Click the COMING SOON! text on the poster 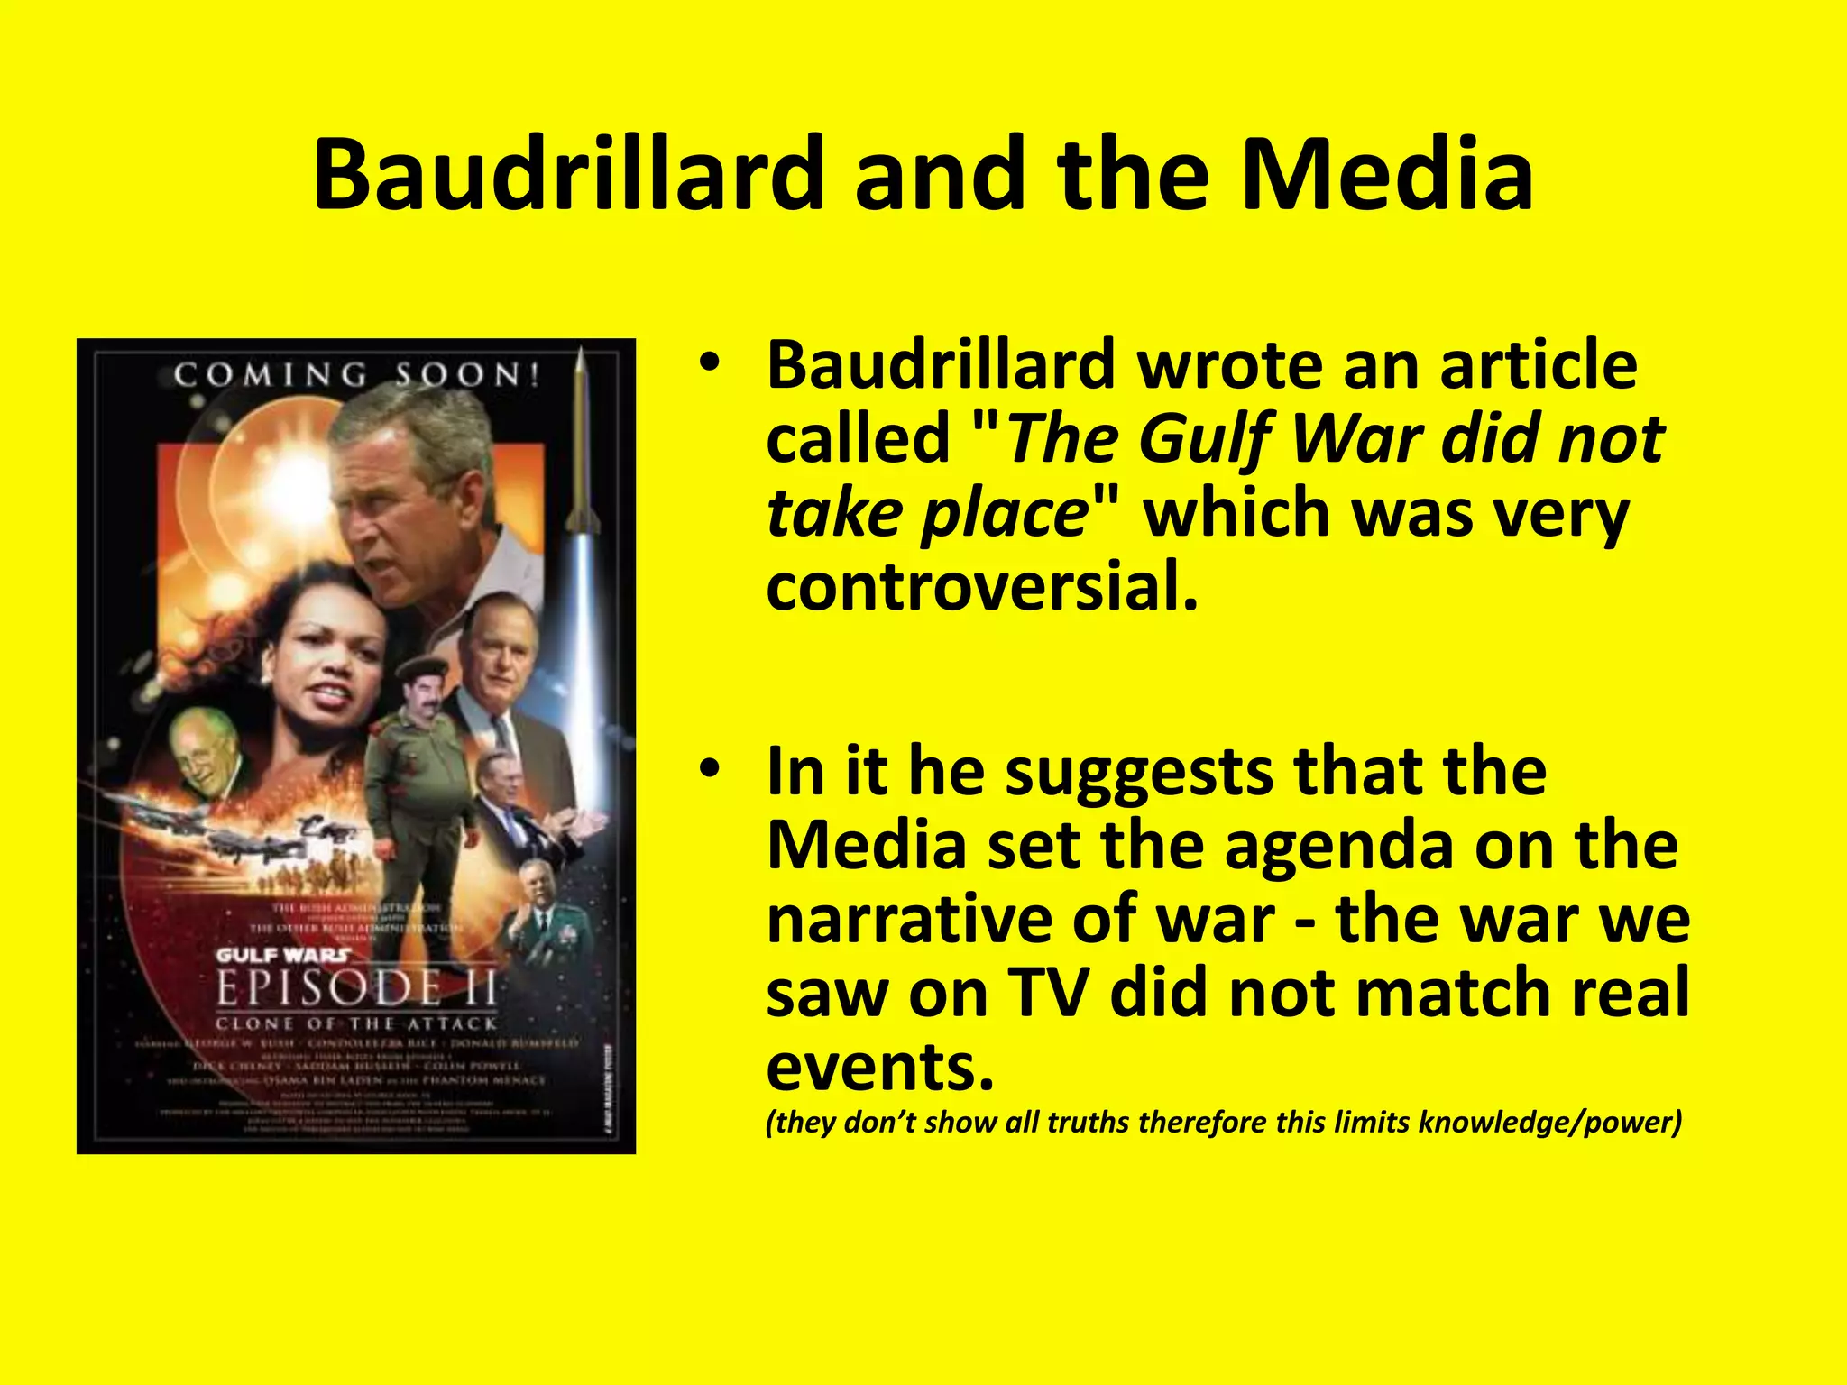357,374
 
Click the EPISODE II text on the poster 356,989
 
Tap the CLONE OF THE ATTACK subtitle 356,1023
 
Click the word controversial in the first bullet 982,587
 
